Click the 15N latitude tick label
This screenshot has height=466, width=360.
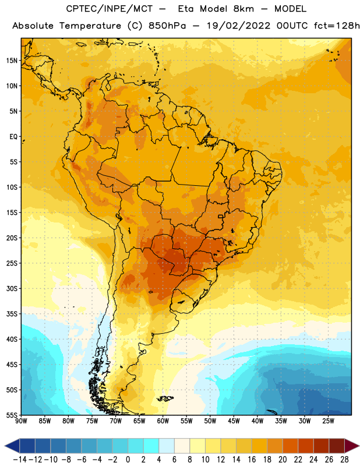pyautogui.click(x=12, y=61)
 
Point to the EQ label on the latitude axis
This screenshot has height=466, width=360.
pyautogui.click(x=13, y=137)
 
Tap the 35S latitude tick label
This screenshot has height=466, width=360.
pyautogui.click(x=12, y=314)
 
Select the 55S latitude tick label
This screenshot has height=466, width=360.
pyautogui.click(x=12, y=415)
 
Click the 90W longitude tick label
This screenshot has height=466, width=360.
pyautogui.click(x=21, y=421)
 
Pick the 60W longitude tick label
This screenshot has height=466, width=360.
pyautogui.click(x=163, y=421)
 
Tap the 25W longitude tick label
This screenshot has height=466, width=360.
pyautogui.click(x=328, y=421)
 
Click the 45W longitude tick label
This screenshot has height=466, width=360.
pyautogui.click(x=234, y=421)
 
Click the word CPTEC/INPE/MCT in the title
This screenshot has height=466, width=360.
pyautogui.click(x=109, y=9)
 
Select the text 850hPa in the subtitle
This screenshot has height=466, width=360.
pyautogui.click(x=167, y=26)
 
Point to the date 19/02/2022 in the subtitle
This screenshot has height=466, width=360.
pyautogui.click(x=238, y=26)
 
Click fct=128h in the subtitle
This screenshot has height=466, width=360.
pyautogui.click(x=337, y=26)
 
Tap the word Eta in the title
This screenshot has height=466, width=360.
pyautogui.click(x=186, y=9)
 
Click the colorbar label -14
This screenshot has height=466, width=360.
pyautogui.click(x=20, y=460)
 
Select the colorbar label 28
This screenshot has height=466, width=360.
pyautogui.click(x=344, y=460)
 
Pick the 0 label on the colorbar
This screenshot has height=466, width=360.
pyautogui.click(x=128, y=460)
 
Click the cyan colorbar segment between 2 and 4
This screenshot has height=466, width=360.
pyautogui.click(x=151, y=446)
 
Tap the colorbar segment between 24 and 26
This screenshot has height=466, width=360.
pyautogui.click(x=322, y=446)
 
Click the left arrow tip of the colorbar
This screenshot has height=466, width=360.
pyautogui.click(x=5, y=446)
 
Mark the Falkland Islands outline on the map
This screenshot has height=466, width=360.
pyautogui.click(x=165, y=398)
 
